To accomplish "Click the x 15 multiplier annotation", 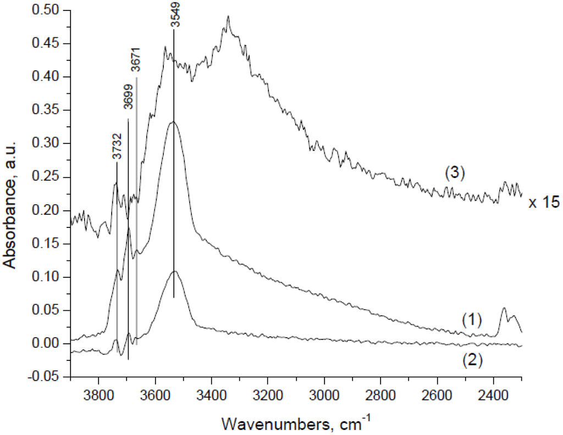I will click(x=544, y=203).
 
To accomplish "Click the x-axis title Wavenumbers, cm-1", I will click(x=295, y=423).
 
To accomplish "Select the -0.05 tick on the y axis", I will click(x=51, y=377).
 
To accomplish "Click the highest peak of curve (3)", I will click(x=228, y=16).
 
